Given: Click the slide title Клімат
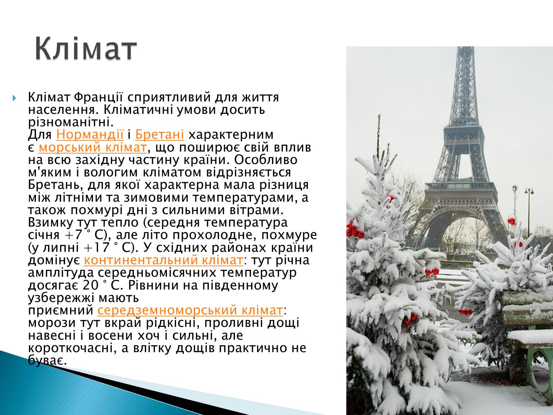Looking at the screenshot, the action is coord(86,48).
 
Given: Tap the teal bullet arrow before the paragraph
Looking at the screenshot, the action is coord(15,98).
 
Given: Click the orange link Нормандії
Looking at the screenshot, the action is coord(90,134).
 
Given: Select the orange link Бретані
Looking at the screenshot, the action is coord(159,134).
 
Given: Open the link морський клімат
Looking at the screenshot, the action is coord(93,147).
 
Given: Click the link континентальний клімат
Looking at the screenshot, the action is coord(163,260).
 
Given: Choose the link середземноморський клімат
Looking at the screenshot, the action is coord(190,310).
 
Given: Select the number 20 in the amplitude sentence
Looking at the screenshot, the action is coord(90,285).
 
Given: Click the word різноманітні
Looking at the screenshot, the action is coord(71,122).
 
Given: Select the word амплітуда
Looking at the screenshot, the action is coord(61,273).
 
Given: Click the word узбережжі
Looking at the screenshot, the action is coord(61,297).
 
